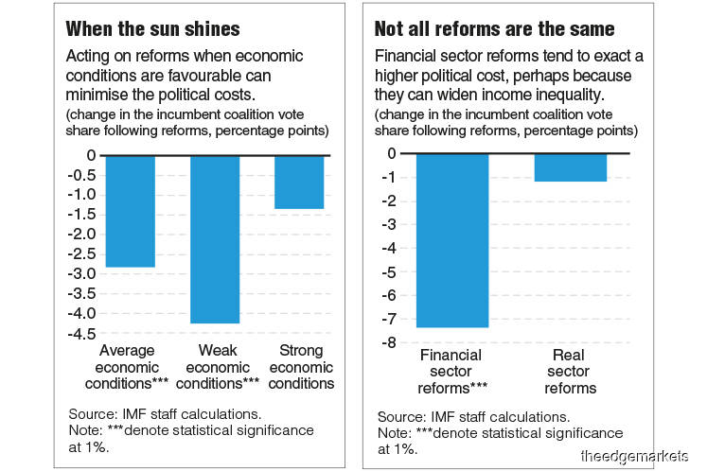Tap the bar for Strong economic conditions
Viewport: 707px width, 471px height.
[x=299, y=182]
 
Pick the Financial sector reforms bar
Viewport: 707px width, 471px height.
[x=451, y=240]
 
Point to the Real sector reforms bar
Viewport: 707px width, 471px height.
[x=570, y=166]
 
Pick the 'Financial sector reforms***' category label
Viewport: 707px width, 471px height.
[x=451, y=372]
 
